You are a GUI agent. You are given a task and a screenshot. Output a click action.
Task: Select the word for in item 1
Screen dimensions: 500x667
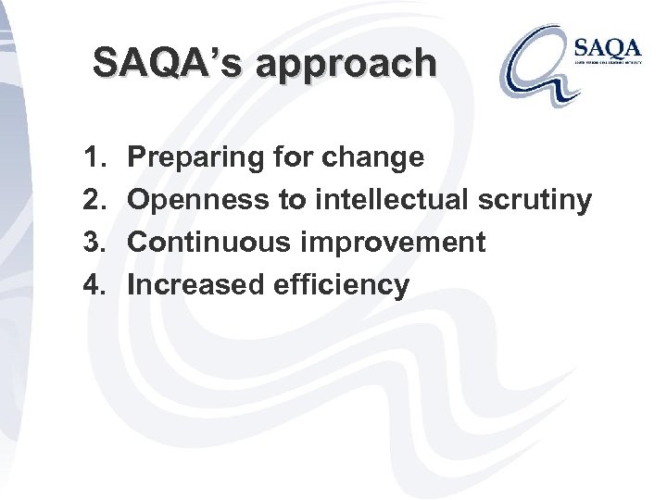click(x=290, y=158)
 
